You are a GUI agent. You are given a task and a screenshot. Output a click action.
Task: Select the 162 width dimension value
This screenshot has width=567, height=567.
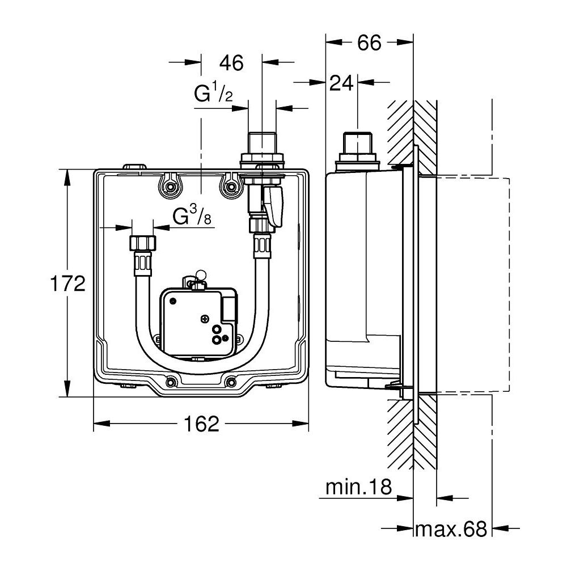(x=201, y=424)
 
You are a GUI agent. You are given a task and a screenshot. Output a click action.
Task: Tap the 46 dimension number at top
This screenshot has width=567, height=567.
(x=231, y=63)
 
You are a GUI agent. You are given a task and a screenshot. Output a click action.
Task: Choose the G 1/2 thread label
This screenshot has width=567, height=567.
(x=213, y=94)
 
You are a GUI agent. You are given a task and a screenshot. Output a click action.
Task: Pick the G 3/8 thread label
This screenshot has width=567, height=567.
(x=192, y=217)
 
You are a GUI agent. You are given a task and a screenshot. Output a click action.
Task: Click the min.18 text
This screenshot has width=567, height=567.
(x=359, y=487)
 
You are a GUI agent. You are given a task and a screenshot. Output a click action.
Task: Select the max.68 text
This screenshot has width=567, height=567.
(x=451, y=529)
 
